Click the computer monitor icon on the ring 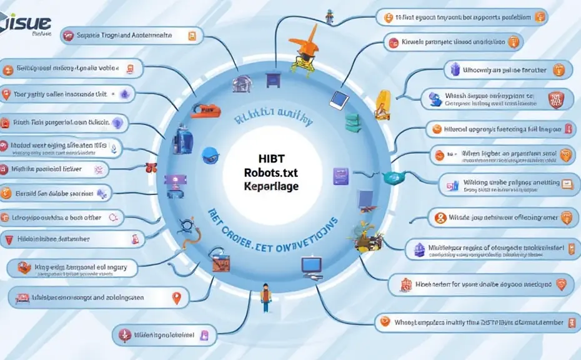click(310, 266)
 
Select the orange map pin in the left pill click(177, 298)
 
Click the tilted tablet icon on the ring click(339, 99)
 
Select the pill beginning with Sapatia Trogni click(129, 36)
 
